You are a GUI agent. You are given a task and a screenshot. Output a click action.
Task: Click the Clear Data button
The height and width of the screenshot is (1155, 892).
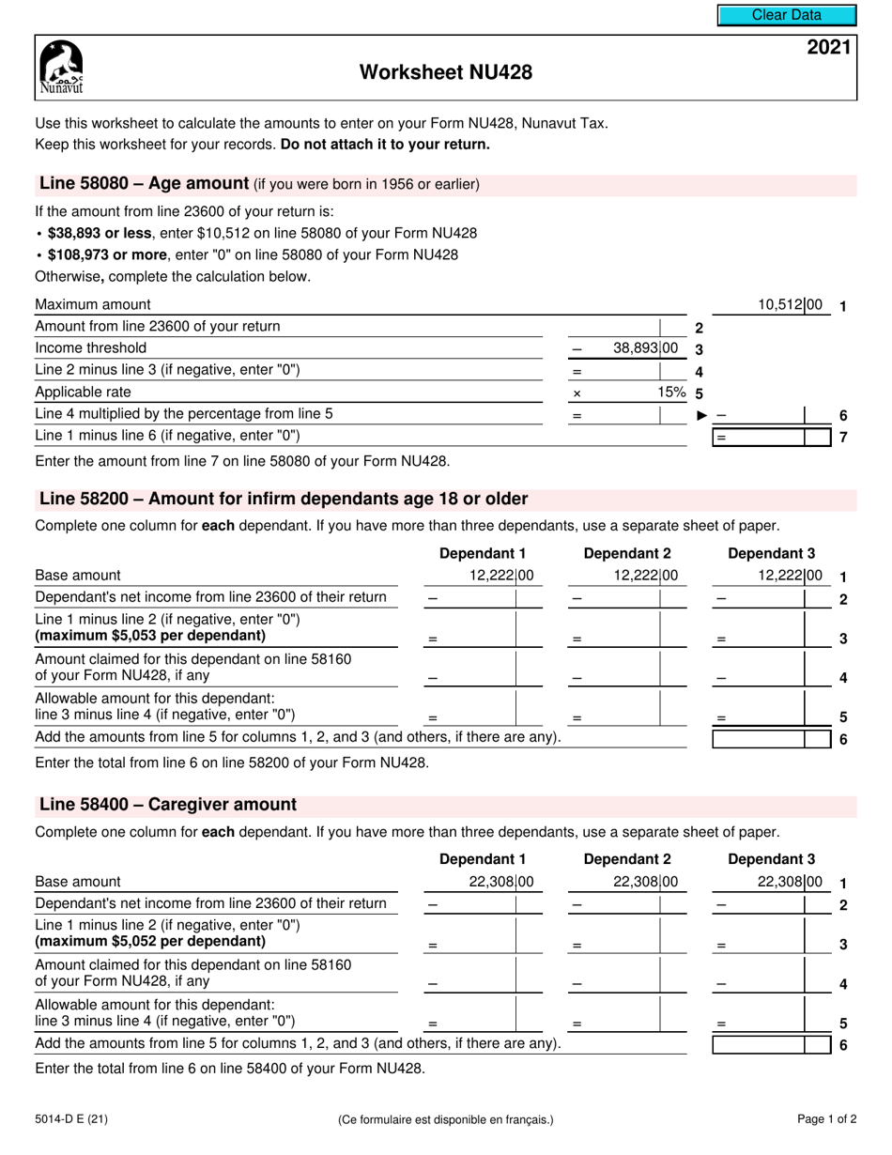tap(787, 15)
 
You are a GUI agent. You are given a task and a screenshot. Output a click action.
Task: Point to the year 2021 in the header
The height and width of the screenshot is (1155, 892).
tap(830, 48)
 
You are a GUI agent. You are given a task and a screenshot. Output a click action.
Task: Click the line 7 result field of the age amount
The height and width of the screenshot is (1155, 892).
tap(771, 437)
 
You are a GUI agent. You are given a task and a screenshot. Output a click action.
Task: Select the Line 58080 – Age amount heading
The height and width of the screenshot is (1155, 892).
tap(144, 184)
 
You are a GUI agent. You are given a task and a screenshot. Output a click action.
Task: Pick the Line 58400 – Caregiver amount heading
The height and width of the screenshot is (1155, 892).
tap(167, 805)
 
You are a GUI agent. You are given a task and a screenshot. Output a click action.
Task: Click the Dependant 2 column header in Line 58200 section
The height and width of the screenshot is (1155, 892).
tap(627, 553)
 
